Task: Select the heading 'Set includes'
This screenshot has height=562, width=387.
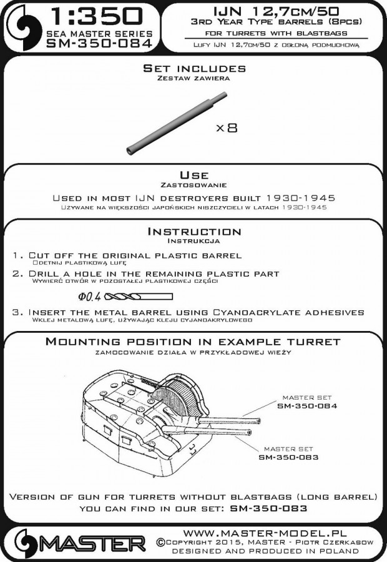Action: coord(193,68)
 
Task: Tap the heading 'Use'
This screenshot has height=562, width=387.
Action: coord(193,175)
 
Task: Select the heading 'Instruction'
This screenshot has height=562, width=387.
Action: coord(193,232)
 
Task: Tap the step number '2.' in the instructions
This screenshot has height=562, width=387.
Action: coord(17,274)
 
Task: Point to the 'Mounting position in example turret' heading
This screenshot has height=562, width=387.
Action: coord(193,342)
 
